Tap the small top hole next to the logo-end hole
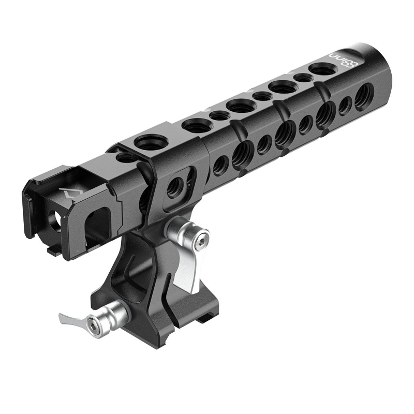pyautogui.click(x=300, y=78)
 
